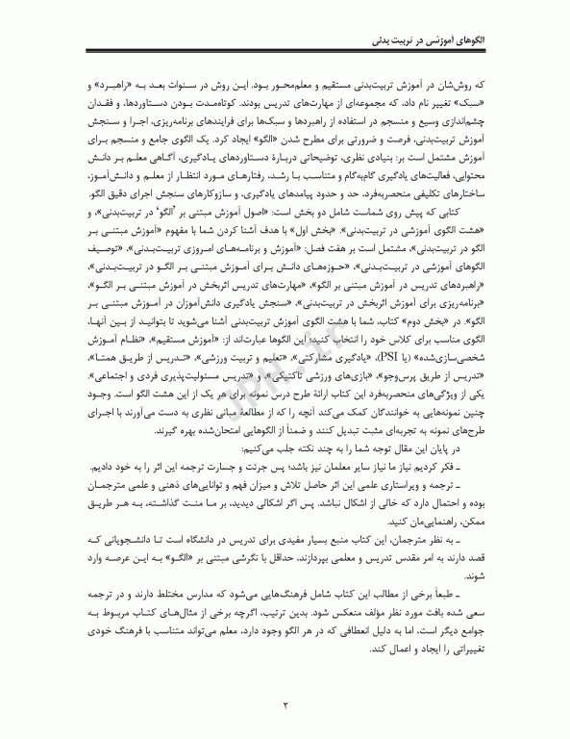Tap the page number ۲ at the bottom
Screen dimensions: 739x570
click(x=285, y=706)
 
